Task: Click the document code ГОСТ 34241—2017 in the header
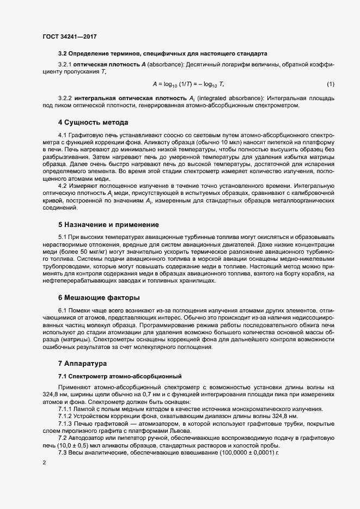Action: click(x=69, y=37)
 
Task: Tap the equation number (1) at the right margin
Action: click(x=330, y=84)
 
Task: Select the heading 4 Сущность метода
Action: click(x=93, y=122)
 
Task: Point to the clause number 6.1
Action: click(x=63, y=310)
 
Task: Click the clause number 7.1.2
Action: click(x=66, y=415)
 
